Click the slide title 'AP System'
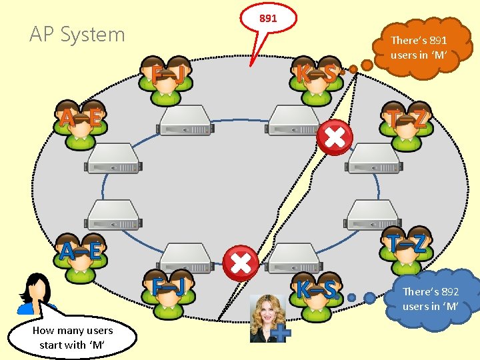pos(77,35)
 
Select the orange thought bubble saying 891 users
pos(419,48)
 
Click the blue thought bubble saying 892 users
pos(430,299)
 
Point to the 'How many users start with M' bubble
pos(72,338)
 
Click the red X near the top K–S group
pos(335,138)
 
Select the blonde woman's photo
pos(267,318)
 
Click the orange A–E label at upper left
pos(80,119)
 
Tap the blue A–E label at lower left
pos(80,251)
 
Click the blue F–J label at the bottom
pos(167,287)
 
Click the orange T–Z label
pos(408,119)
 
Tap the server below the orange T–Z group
pos(374,159)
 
